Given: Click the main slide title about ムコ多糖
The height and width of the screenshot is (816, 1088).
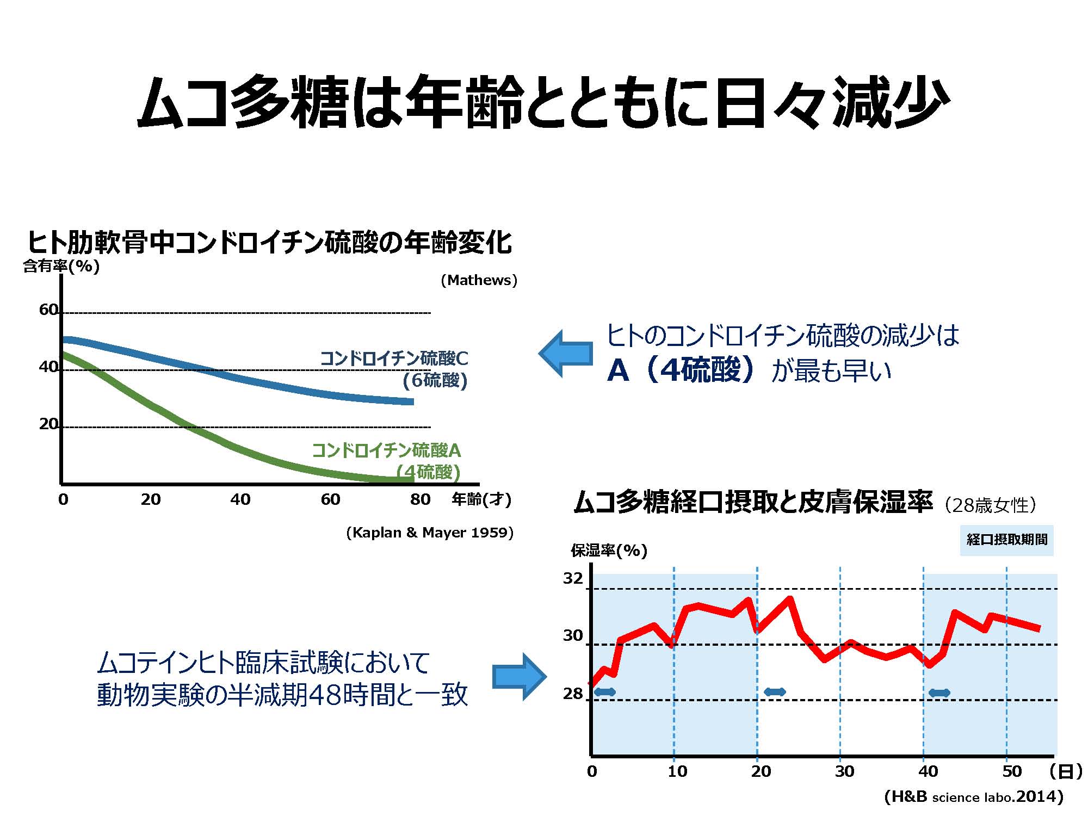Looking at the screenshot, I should point(543,103).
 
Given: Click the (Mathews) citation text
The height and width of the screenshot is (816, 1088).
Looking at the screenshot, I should point(479,280).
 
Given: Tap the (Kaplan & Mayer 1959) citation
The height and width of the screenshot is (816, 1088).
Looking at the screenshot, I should point(430,533).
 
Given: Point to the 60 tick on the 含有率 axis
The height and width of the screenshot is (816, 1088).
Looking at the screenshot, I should point(48,310).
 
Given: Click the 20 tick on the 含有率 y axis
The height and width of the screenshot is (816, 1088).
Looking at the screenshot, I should point(48,424).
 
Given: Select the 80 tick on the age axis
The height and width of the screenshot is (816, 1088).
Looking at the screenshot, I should point(420,499).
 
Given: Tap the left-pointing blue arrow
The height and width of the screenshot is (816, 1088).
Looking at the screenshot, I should point(566,354).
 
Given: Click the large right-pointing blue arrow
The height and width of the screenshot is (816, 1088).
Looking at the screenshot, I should point(518,677).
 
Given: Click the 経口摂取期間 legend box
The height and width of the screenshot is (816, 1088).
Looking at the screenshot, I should point(1006,540).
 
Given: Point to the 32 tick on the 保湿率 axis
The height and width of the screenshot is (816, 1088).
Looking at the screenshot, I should point(573,578).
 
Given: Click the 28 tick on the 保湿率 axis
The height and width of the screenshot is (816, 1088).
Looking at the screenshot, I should point(573,694).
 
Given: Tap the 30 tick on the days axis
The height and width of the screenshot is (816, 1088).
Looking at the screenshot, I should point(844,771).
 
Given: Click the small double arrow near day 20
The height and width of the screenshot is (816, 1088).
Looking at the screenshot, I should point(775,692).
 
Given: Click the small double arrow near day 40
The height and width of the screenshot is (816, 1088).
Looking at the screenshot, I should point(939,693).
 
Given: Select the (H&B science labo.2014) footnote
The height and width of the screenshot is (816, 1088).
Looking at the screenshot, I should point(974,797).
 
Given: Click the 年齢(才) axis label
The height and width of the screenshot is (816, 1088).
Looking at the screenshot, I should point(481,499).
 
